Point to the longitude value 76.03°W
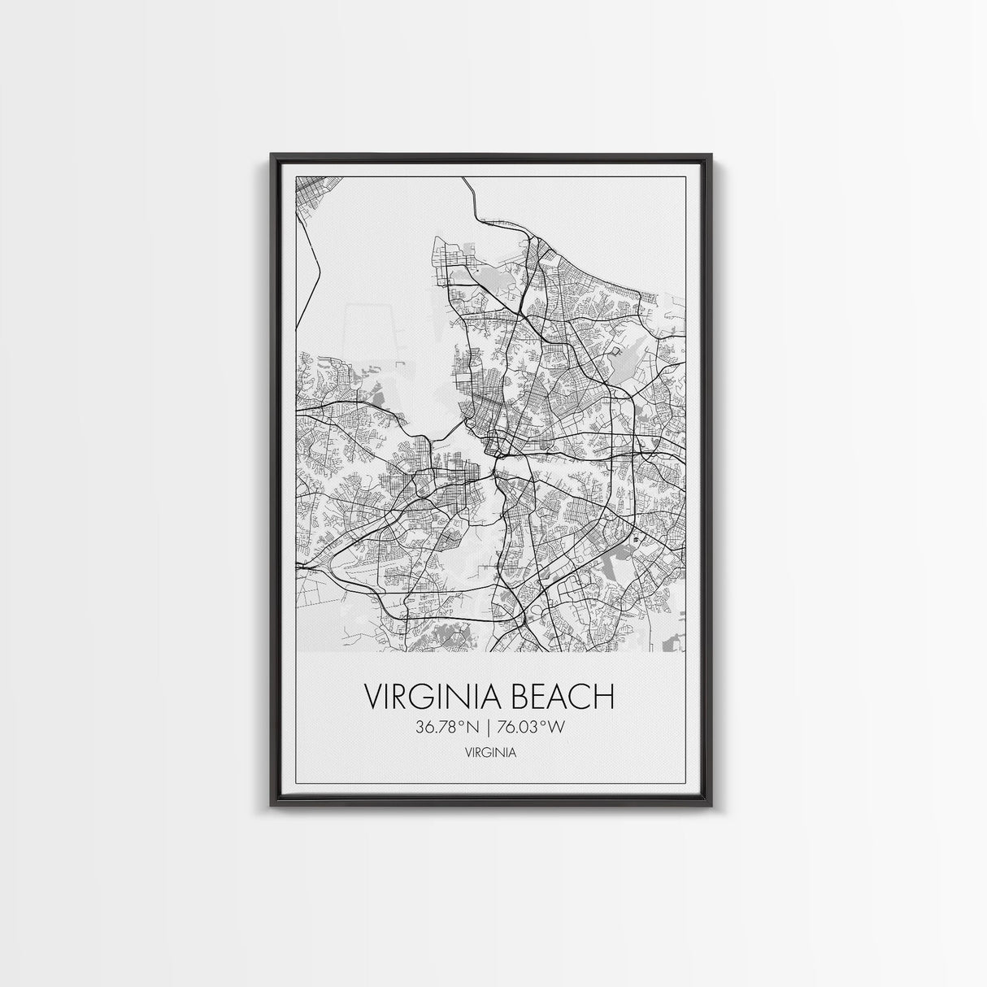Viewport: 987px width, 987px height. [532, 728]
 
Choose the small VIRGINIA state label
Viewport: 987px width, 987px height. [490, 753]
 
